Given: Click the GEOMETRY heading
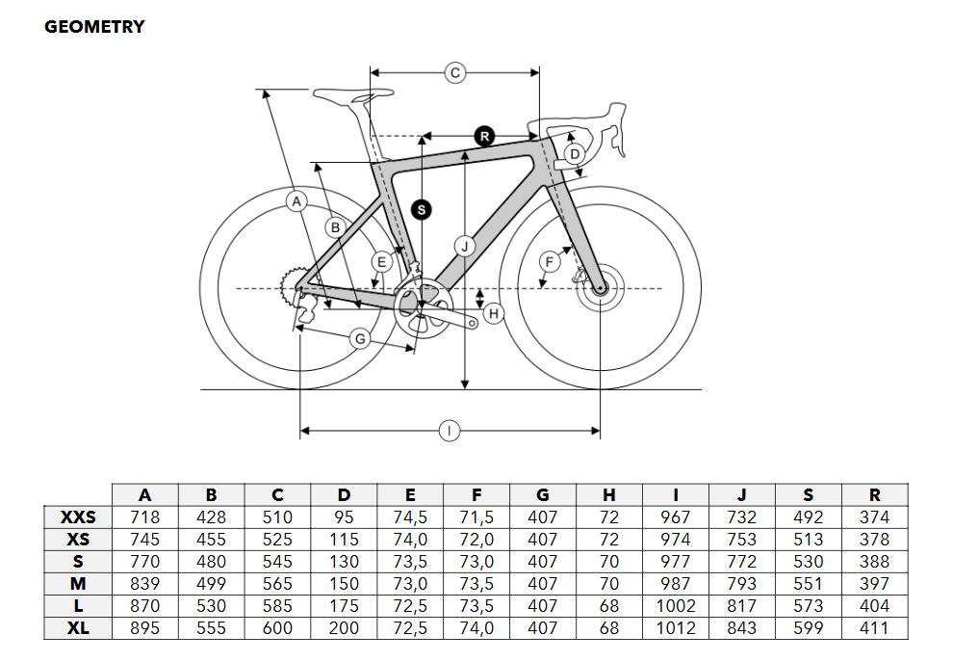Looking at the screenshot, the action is coord(94,27).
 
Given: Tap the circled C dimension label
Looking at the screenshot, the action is coord(455,73).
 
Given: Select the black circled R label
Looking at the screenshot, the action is coord(484,136).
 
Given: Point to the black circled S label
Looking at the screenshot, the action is coord(422,210).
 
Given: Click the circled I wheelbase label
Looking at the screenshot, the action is coord(450,431).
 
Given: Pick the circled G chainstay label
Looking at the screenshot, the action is coord(360,338).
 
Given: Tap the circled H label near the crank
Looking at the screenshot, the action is coord(494,313).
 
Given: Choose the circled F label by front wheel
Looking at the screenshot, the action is coord(550,262).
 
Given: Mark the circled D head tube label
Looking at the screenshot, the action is coord(575,154).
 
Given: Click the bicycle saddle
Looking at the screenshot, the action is coord(352,96).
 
